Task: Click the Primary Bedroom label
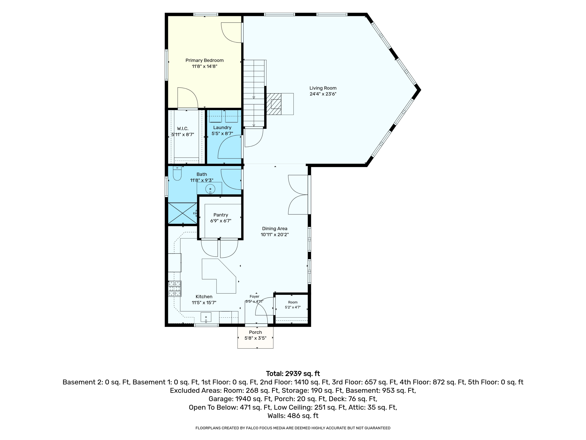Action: [204, 60]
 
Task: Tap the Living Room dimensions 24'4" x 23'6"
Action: [323, 94]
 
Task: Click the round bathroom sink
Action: [210, 189]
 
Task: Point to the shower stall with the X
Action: [182, 213]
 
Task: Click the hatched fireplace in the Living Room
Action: [274, 104]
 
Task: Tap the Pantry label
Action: [221, 215]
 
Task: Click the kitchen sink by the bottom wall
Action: [206, 317]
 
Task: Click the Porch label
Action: [255, 332]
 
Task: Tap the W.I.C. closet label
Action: [183, 129]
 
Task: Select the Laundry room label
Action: [222, 128]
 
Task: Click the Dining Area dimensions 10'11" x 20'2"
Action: [275, 234]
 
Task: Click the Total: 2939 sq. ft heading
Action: [293, 374]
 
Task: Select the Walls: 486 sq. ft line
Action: [293, 416]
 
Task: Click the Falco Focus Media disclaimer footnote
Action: [293, 428]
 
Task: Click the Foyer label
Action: [254, 296]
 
